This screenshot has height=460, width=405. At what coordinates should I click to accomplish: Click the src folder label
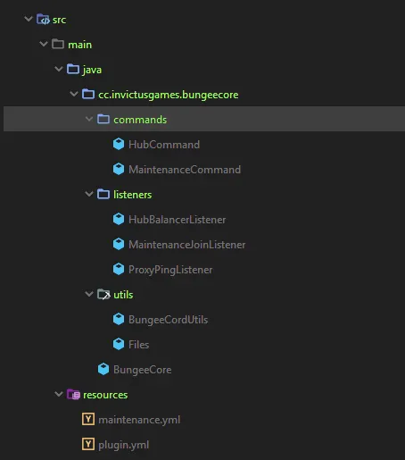59,20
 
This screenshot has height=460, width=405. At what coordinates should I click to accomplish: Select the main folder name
79,45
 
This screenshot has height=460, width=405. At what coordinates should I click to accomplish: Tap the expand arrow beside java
59,70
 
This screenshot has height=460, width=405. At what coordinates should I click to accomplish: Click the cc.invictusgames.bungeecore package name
169,95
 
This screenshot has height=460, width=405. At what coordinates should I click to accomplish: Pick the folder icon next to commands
103,120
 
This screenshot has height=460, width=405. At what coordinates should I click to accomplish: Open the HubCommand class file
164,145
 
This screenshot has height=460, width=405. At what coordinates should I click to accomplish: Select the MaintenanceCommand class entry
185,170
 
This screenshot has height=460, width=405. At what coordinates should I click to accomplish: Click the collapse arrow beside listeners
89,195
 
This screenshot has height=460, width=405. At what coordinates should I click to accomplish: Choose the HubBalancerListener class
177,220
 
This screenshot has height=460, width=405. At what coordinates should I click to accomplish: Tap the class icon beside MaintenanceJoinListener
119,244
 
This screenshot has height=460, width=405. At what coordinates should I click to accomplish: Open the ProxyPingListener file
170,270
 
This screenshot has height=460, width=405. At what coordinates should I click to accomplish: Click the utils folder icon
103,295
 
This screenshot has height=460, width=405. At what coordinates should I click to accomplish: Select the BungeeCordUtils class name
168,320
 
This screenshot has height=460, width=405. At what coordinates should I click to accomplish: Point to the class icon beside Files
119,344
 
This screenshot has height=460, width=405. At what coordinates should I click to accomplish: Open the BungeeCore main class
142,370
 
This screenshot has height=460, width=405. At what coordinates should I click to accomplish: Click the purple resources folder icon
73,395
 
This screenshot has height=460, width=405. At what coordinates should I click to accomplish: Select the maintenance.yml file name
139,420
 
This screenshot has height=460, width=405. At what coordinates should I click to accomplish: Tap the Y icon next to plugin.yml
88,444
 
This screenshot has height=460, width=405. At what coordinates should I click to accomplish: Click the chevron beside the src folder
29,19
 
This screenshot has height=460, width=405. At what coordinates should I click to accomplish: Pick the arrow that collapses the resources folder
59,394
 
